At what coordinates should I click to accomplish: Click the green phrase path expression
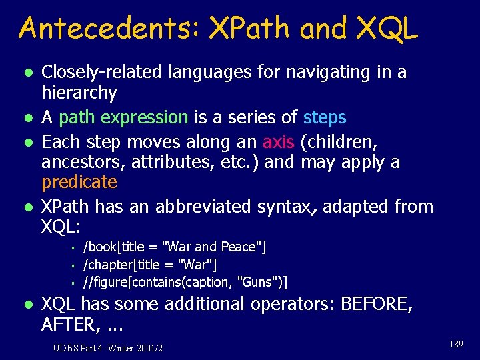(x=123, y=118)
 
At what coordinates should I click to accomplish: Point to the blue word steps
(x=325, y=118)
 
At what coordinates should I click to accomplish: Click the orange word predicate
(x=79, y=182)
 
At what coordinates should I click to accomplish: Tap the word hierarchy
(x=79, y=93)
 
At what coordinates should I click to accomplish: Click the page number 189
(x=456, y=344)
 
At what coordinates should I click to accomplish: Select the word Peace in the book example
(x=238, y=247)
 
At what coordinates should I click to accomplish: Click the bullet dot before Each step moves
(x=27, y=142)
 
